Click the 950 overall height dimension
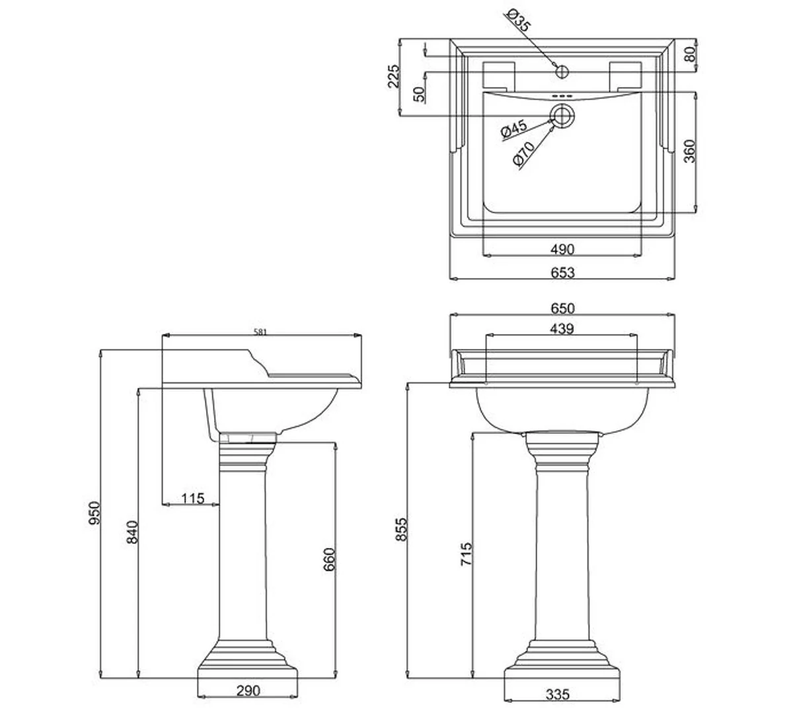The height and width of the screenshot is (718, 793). tap(94, 513)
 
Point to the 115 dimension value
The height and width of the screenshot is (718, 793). tap(192, 498)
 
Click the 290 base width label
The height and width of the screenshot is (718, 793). tap(248, 691)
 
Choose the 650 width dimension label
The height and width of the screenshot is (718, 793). tap(562, 308)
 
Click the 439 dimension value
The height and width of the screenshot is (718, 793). tap(561, 328)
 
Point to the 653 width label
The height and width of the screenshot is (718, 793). tap(562, 272)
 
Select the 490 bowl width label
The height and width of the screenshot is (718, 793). tap(562, 249)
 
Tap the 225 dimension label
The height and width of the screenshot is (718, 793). tap(394, 77)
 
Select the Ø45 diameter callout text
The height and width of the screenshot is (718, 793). tap(513, 129)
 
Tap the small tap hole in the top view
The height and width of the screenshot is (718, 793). tap(562, 70)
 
